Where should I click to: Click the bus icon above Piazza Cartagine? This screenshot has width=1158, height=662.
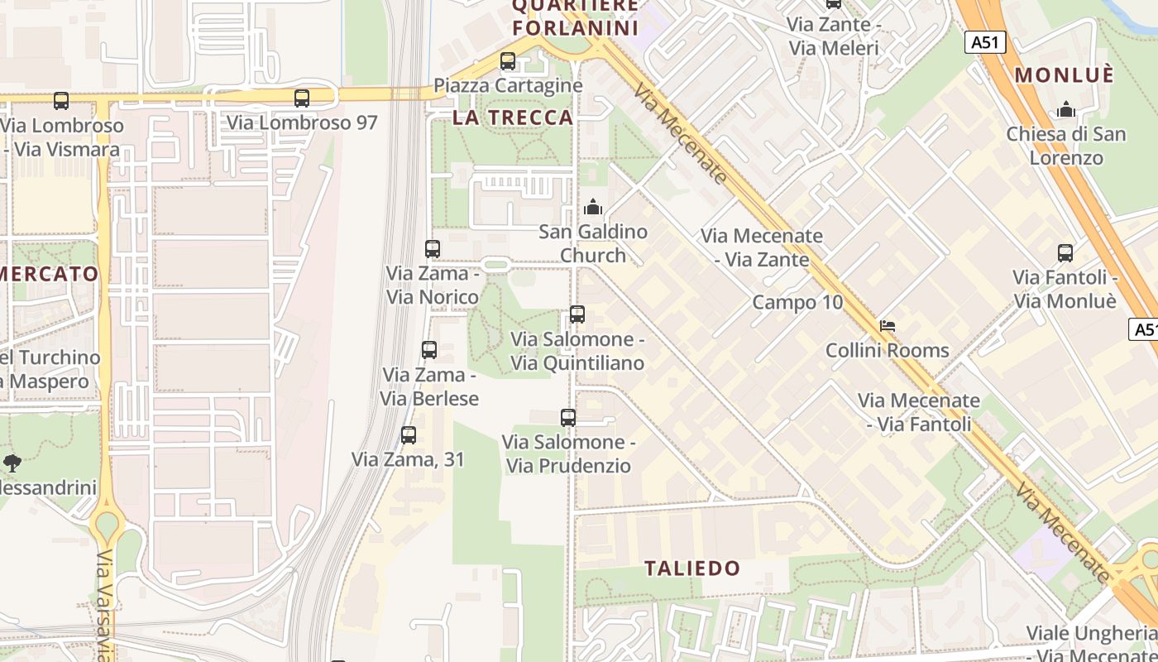coord(508,61)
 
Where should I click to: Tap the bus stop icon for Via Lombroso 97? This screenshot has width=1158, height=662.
coord(302,98)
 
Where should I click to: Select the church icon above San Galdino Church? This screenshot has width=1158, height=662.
coord(593,207)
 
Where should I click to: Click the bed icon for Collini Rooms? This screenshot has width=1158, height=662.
coord(888,326)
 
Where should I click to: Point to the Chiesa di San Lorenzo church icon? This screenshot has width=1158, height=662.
coord(1066,109)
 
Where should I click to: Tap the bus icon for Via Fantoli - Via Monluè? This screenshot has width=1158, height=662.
coord(1065,253)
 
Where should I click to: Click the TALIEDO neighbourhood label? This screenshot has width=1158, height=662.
coord(692,568)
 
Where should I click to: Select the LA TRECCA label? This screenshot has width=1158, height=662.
coord(513,118)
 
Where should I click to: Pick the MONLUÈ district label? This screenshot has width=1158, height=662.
coord(1065,74)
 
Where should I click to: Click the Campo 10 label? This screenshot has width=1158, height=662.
coord(797,302)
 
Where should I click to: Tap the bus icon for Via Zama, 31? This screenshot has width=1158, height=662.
coord(409,435)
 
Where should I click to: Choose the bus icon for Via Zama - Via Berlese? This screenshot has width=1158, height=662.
coord(429,350)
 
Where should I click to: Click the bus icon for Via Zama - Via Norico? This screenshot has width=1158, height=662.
coord(432,248)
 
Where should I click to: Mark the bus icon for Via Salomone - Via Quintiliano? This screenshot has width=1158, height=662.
coord(577,314)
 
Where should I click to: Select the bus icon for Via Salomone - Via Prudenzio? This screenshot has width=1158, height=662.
coord(568,418)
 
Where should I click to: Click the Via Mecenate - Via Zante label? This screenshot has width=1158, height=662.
coord(762,247)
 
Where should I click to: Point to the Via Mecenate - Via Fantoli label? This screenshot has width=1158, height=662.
coord(919,412)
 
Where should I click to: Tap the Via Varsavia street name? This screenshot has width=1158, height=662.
coord(105,604)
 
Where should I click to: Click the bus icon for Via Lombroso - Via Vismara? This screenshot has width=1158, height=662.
coord(61,101)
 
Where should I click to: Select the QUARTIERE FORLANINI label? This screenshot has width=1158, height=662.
coord(576,17)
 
